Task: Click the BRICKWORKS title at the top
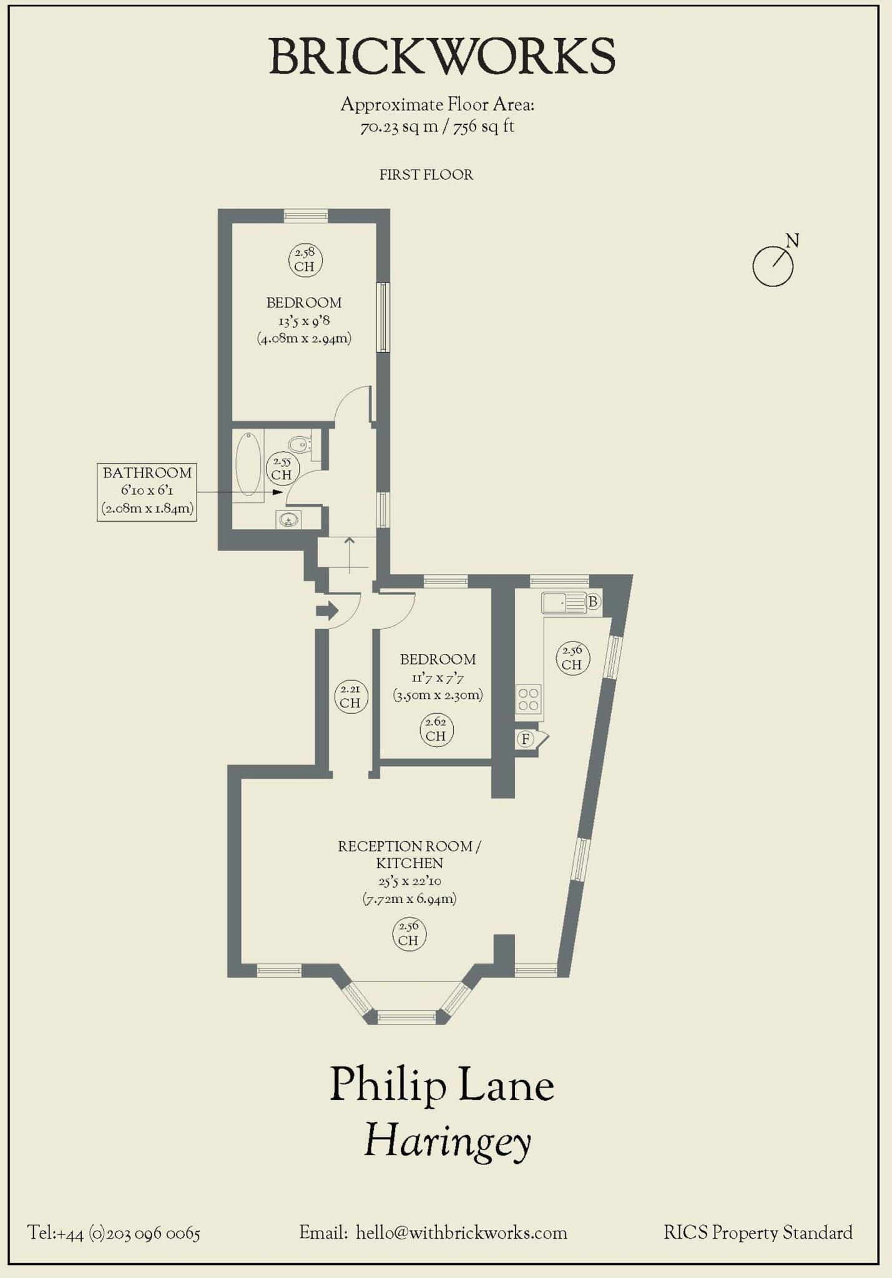[442, 57]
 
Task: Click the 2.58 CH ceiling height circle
[305, 260]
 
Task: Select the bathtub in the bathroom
[248, 464]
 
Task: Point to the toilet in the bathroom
[301, 444]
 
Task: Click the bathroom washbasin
[288, 519]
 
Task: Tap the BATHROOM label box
[147, 491]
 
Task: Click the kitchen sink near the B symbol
[564, 603]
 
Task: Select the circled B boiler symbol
[593, 602]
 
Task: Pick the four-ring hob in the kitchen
[528, 699]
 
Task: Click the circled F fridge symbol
[526, 739]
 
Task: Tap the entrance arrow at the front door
[327, 610]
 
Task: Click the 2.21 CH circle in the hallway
[351, 696]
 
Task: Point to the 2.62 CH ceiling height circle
[436, 729]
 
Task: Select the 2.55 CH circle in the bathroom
[282, 468]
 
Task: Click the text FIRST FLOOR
[426, 175]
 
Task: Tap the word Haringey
[447, 1141]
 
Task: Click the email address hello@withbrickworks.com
[461, 1234]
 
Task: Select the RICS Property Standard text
[758, 1233]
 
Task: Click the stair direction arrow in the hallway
[350, 554]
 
